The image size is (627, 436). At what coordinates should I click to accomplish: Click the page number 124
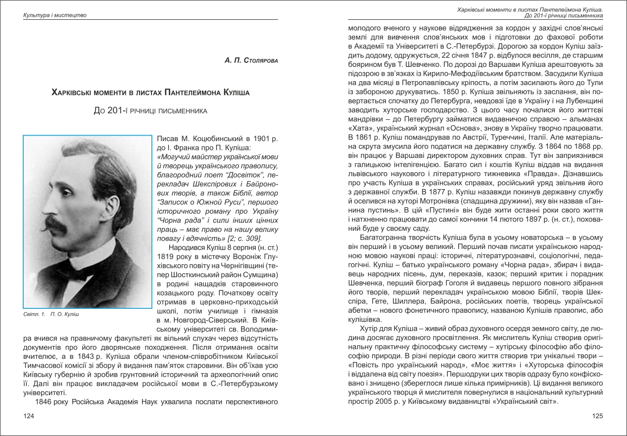click(x=29, y=416)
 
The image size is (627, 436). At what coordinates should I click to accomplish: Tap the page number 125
click(x=597, y=416)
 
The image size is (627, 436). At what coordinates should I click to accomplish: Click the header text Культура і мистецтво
click(x=55, y=15)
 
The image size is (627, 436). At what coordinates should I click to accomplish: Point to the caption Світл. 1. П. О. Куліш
click(x=51, y=314)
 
